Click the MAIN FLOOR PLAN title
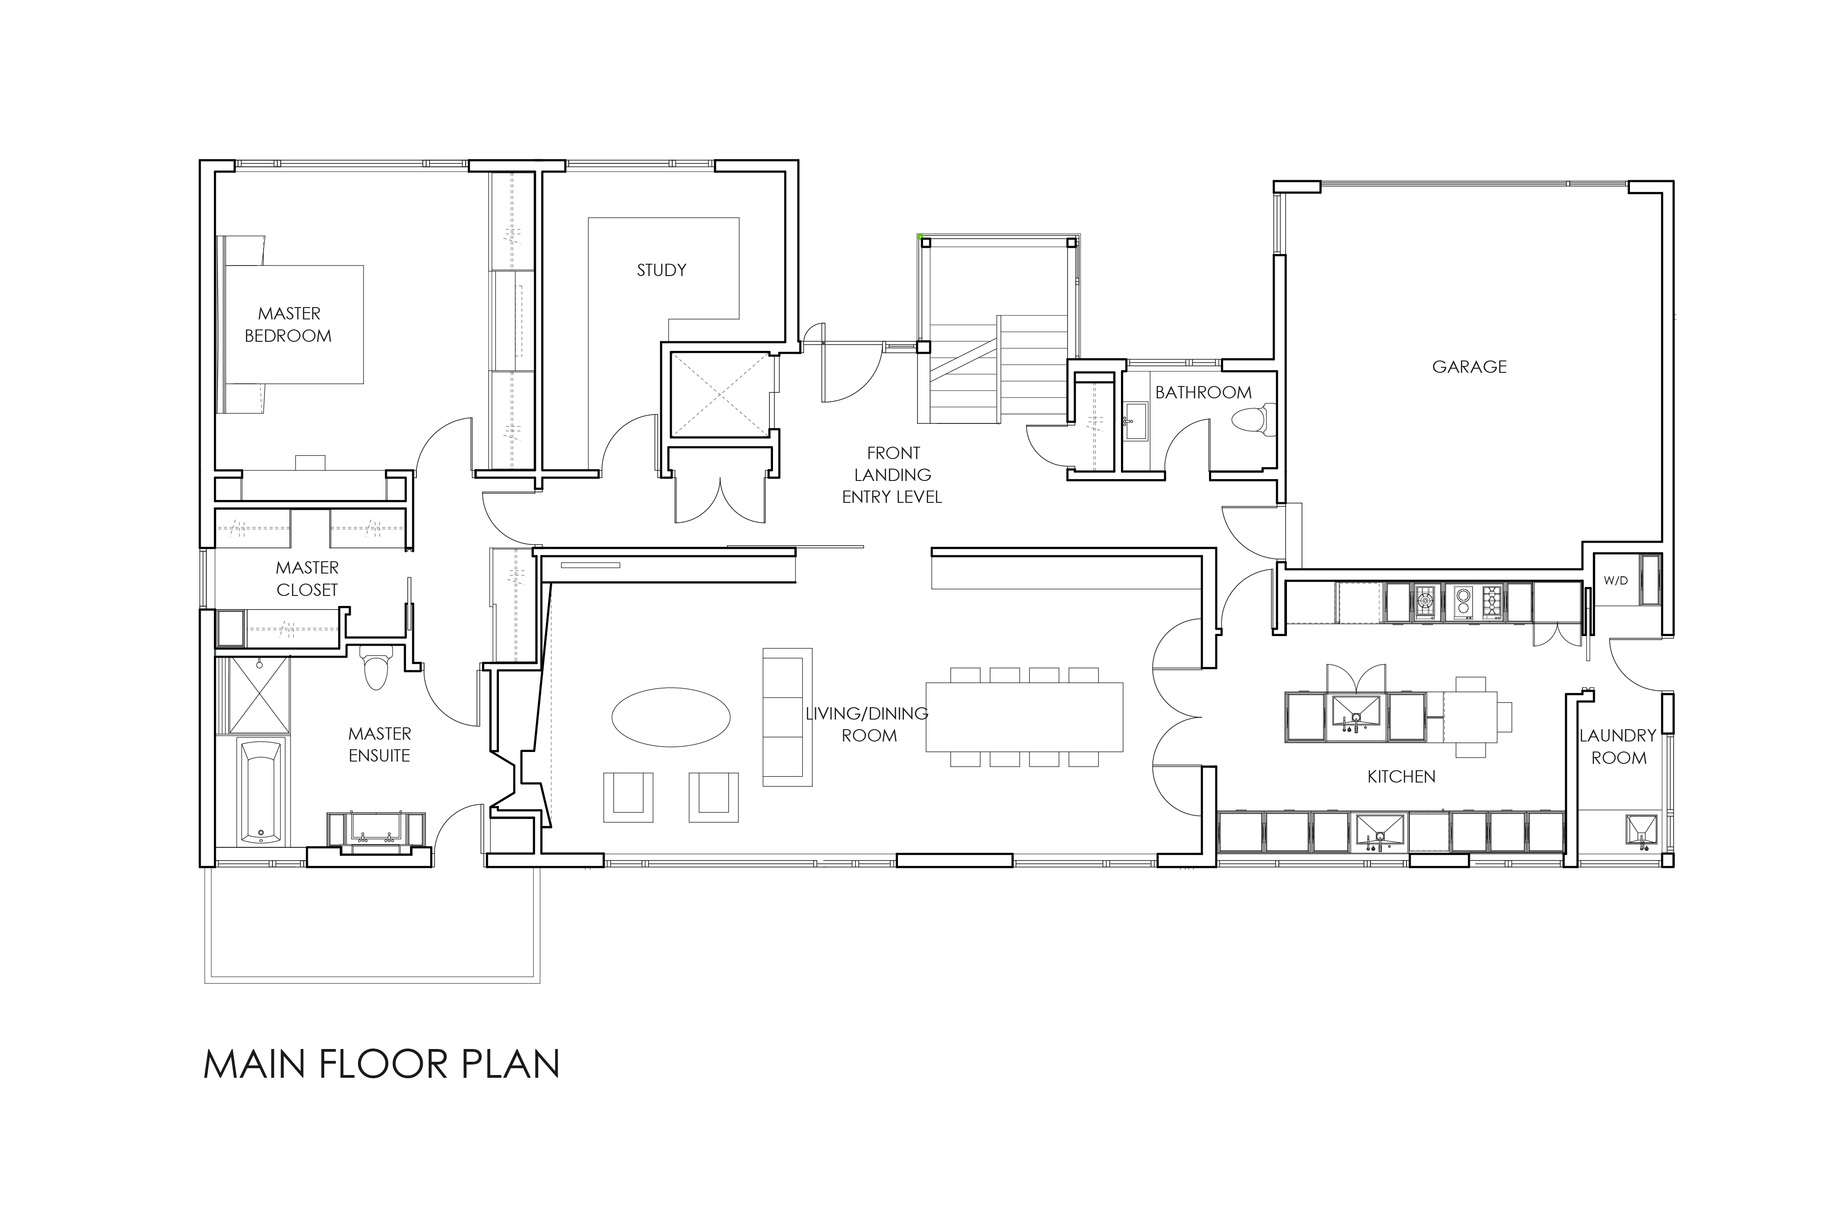[x=382, y=1065]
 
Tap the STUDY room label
[x=661, y=270]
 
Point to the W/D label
[x=1615, y=581]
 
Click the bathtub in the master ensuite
[x=261, y=793]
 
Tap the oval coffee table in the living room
[x=671, y=716]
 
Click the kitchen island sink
[x=1356, y=716]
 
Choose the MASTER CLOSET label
[x=307, y=578]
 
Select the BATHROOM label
[x=1203, y=392]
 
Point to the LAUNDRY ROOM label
[x=1618, y=747]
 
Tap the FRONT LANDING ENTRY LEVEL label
[x=892, y=475]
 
